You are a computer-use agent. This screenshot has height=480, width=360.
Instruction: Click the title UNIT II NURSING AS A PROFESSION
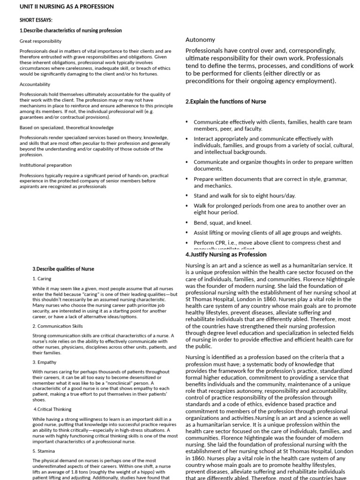click(67, 7)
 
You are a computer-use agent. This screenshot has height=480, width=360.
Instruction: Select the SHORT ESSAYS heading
click(36, 20)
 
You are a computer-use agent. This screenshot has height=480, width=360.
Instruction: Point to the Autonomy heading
click(200, 40)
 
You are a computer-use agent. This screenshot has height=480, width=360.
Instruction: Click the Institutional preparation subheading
click(45, 165)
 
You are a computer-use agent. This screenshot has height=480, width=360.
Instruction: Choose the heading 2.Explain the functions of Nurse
click(225, 102)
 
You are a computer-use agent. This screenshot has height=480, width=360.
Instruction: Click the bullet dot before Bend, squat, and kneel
click(187, 223)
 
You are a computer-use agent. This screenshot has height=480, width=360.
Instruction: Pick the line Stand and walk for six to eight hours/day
click(245, 195)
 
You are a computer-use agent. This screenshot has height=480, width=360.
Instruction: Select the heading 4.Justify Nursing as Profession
click(226, 255)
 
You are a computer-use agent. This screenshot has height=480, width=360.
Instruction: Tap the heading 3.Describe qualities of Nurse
click(63, 269)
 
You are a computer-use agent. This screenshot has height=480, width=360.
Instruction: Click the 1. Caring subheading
click(42, 279)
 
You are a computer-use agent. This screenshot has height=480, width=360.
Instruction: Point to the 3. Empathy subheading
click(45, 362)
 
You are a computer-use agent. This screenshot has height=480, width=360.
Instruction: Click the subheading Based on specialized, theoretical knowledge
click(67, 127)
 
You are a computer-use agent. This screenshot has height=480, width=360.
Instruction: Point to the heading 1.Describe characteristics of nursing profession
click(71, 30)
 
